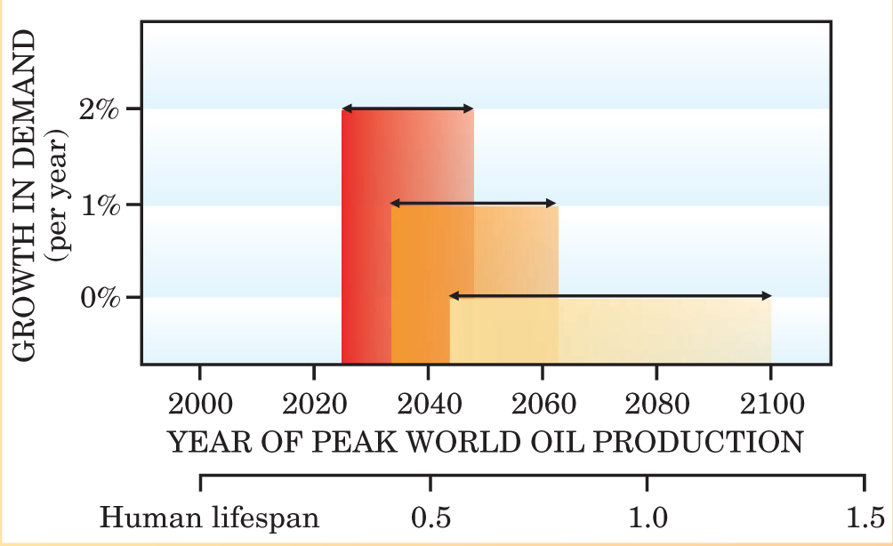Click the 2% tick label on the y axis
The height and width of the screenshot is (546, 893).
98,109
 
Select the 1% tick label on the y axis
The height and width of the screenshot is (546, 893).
98,205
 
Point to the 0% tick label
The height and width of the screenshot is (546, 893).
98,297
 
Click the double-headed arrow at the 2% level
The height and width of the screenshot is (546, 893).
407,108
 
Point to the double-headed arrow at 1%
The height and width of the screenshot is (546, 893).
474,204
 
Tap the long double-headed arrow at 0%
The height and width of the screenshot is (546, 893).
610,295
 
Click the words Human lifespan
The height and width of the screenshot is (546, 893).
210,518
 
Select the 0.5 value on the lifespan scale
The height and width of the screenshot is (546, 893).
430,518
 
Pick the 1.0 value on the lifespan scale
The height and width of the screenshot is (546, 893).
647,518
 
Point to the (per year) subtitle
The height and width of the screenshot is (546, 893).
61,196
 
